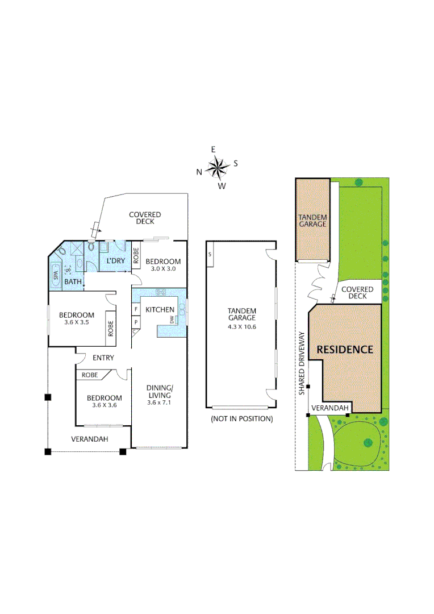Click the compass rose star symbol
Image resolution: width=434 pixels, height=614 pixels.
click(x=217, y=167)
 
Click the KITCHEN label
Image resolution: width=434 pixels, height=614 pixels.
click(x=160, y=309)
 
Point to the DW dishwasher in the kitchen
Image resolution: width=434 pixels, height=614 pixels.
click(x=172, y=321)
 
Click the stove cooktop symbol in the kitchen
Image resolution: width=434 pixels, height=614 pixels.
click(x=160, y=293)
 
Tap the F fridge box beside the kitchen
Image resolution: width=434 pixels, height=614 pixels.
click(x=136, y=309)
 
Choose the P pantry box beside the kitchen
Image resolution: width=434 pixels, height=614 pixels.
click(x=136, y=321)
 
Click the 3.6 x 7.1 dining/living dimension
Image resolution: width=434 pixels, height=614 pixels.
click(x=159, y=403)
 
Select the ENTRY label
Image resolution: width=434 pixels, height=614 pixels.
click(x=103, y=358)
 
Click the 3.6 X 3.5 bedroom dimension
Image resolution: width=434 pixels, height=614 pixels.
click(x=77, y=322)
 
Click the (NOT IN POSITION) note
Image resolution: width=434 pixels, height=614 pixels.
click(x=241, y=419)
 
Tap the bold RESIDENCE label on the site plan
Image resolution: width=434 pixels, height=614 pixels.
click(x=344, y=349)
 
